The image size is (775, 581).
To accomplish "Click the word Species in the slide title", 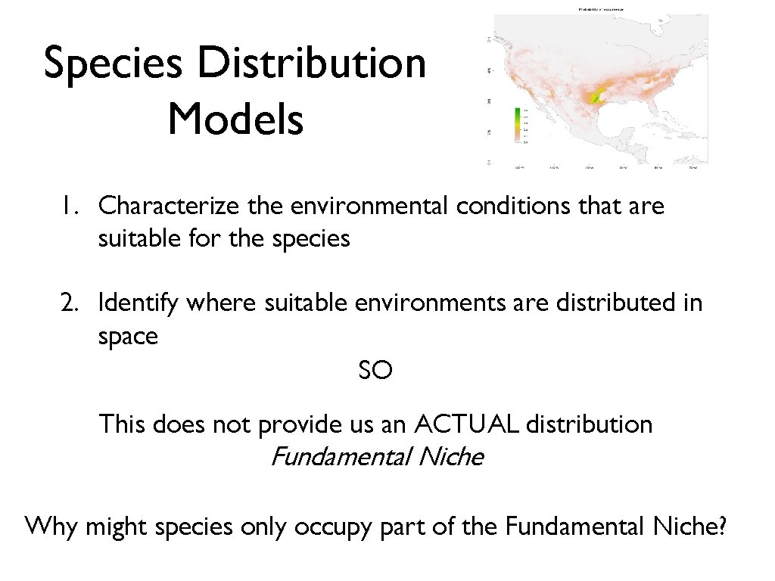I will point(114,64).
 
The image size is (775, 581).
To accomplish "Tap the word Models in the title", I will point(235,120).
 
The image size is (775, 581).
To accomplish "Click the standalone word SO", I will point(375,371).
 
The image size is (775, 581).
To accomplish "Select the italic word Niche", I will point(450,457).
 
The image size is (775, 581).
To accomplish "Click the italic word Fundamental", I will point(340,457).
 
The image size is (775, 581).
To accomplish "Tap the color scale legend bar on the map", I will point(517,125).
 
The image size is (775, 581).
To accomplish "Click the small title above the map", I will point(600,9).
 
